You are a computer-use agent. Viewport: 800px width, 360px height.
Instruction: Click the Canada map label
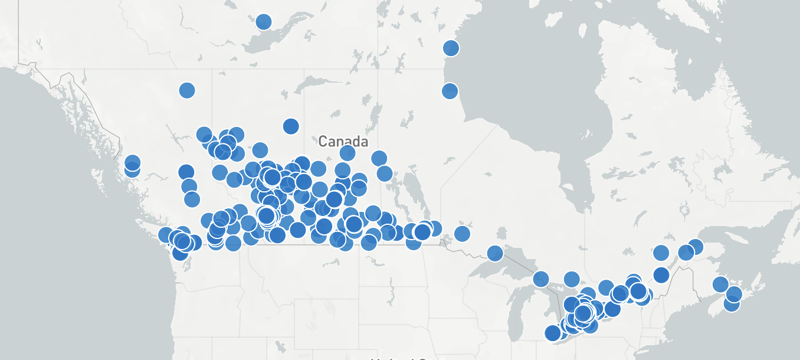pyautogui.click(x=343, y=142)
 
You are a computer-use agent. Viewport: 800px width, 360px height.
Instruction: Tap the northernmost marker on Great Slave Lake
pyautogui.click(x=263, y=22)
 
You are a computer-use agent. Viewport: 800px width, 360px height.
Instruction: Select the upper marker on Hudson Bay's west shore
pyautogui.click(x=451, y=48)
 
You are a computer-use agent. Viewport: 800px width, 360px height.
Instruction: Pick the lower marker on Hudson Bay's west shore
pyautogui.click(x=450, y=91)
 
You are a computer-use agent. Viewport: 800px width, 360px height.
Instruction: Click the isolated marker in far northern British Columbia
pyautogui.click(x=186, y=90)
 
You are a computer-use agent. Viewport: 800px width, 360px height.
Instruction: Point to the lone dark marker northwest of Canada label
pyautogui.click(x=291, y=126)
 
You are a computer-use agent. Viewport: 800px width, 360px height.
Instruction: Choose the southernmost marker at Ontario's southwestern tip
pyautogui.click(x=552, y=333)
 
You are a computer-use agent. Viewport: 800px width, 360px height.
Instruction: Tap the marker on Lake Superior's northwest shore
pyautogui.click(x=494, y=253)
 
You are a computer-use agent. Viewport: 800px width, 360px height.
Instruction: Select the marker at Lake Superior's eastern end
pyautogui.click(x=541, y=279)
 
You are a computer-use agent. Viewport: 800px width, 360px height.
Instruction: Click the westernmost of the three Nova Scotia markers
pyautogui.click(x=720, y=284)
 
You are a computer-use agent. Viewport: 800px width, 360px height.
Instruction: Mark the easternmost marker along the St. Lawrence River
pyautogui.click(x=695, y=247)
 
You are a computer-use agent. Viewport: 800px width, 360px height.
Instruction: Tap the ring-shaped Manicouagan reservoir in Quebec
pyautogui.click(x=684, y=210)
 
